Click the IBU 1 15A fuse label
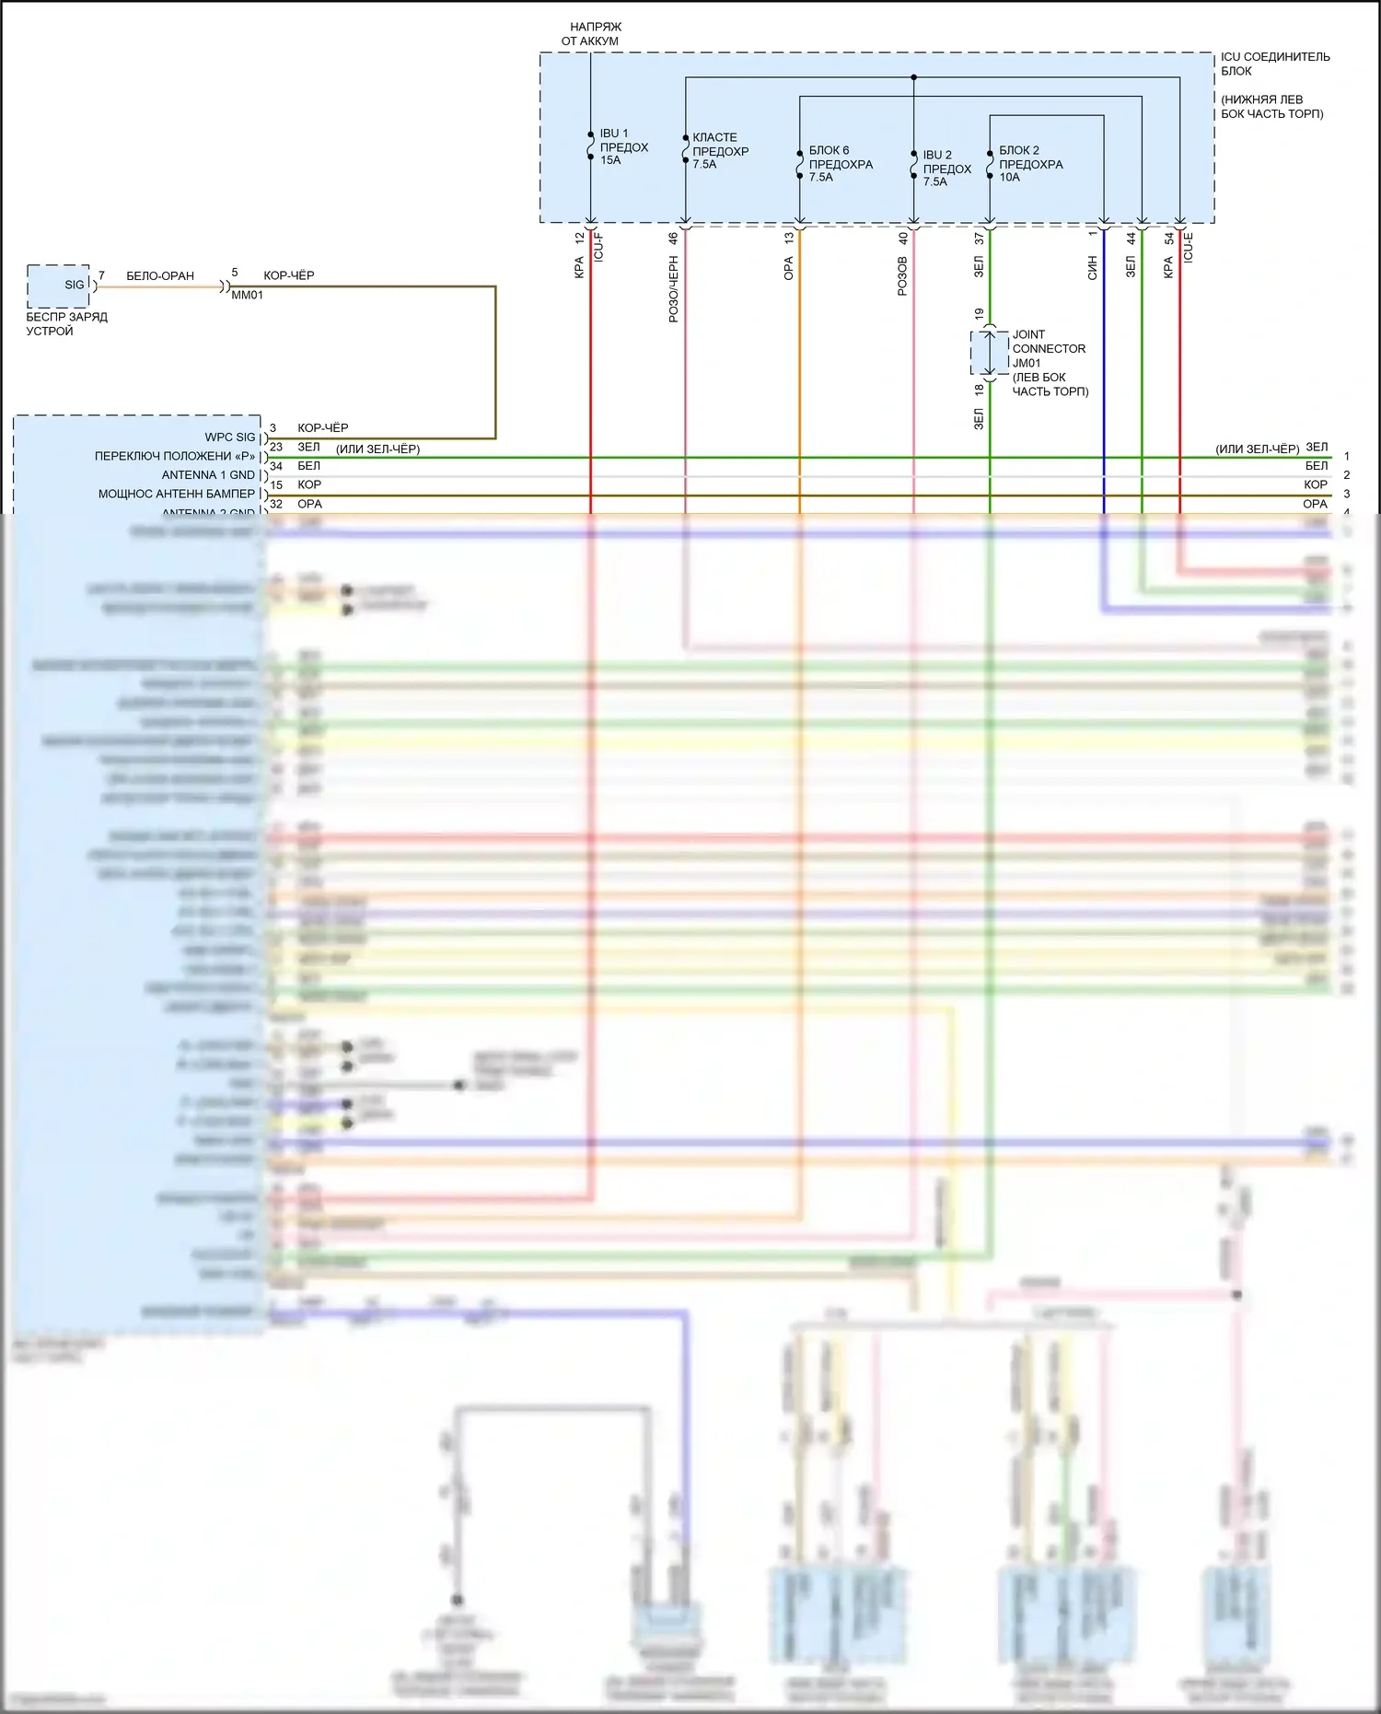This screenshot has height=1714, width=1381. (x=623, y=147)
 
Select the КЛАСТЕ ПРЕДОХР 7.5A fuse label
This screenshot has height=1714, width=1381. (x=720, y=151)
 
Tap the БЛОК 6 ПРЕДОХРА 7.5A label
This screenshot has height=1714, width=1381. (x=840, y=164)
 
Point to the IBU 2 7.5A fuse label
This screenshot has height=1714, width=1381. (x=946, y=169)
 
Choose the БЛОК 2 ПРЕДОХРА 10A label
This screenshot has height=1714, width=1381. (x=1030, y=164)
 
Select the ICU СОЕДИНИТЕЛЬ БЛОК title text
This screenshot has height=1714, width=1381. (x=1274, y=64)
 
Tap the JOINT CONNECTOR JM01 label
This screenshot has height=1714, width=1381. (x=1049, y=349)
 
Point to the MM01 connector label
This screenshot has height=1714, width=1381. (x=247, y=295)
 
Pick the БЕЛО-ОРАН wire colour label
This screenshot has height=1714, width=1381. (x=160, y=275)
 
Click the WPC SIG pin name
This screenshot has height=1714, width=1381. (x=230, y=437)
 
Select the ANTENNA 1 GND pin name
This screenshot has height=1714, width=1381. (x=208, y=475)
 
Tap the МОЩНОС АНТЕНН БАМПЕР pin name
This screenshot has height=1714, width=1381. (x=177, y=494)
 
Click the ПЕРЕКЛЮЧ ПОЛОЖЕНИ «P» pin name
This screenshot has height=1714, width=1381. (x=175, y=456)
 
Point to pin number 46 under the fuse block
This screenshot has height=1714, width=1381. (x=673, y=238)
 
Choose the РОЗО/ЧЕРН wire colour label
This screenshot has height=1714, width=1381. (x=673, y=289)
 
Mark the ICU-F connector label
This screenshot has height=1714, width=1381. (x=598, y=248)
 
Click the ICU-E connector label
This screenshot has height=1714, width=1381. (x=1188, y=248)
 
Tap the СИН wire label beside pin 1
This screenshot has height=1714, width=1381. (x=1093, y=268)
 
